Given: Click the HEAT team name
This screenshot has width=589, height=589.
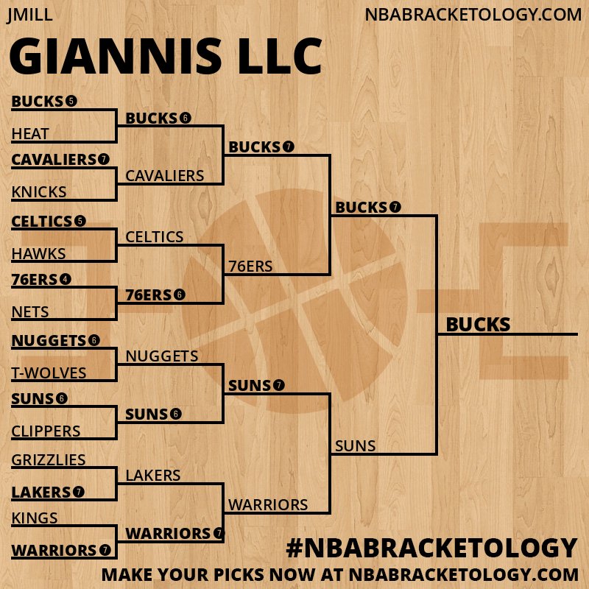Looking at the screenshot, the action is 30,134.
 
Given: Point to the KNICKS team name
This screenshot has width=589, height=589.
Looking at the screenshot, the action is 39,192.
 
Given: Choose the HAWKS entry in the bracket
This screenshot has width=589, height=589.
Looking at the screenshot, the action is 39,254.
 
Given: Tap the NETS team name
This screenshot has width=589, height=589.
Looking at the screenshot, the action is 30,312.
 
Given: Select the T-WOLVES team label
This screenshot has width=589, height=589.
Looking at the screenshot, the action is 49,373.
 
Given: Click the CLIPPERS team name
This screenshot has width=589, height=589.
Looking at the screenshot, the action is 46,431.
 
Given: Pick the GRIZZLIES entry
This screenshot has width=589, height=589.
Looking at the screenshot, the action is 49,460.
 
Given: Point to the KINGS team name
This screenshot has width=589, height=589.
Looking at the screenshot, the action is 35,518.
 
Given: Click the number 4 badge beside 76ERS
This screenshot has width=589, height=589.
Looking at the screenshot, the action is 66,279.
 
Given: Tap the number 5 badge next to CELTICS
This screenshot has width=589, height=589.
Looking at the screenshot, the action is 80,221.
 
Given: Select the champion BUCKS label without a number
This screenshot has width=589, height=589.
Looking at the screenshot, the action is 478,325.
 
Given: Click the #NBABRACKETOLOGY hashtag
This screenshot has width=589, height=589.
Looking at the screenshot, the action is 431,549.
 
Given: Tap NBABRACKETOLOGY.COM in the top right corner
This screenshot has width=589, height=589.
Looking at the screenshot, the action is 473,15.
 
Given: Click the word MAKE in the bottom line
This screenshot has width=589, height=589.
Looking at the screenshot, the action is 124,574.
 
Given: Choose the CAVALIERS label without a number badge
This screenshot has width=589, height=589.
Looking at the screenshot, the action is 165,176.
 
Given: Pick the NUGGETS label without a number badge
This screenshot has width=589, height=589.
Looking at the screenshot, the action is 162,356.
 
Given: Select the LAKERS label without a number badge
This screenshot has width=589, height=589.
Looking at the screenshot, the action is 153,476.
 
